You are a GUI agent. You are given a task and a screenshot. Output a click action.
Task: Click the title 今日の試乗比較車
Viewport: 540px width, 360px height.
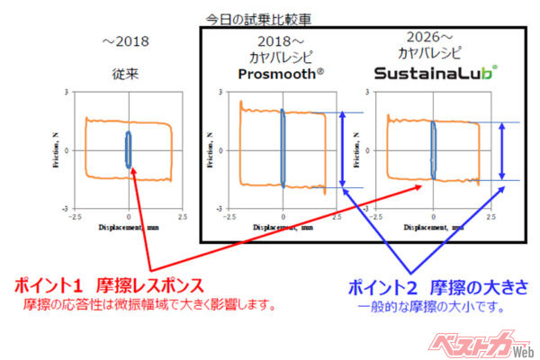click(x=271, y=16)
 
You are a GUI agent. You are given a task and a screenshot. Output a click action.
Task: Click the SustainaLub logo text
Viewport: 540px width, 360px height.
click(x=435, y=73)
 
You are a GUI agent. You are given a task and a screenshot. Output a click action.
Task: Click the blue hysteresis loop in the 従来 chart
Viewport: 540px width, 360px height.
click(x=128, y=149)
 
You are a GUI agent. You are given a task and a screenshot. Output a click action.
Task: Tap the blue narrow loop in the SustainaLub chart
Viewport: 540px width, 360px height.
click(x=433, y=149)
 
